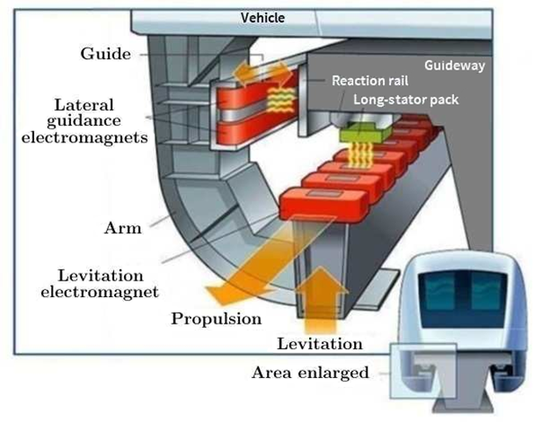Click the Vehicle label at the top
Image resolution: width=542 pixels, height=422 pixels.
pos(263,18)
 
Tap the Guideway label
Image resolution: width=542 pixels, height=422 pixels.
pos(454,65)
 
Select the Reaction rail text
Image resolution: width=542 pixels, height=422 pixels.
pos(370,81)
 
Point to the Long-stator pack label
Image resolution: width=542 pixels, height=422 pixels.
pos(406,99)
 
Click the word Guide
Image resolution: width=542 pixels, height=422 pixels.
pos(105,54)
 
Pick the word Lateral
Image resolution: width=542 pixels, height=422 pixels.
pos(84,105)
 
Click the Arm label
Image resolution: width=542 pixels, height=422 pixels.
pos(123,228)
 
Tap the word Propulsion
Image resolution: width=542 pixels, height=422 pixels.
pos(216,318)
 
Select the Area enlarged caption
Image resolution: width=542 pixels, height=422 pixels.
pos(310,373)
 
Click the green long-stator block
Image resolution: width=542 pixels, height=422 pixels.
pos(365,133)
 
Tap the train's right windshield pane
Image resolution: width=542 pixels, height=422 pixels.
pos(487,291)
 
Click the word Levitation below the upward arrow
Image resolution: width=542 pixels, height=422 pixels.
pos(320,344)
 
